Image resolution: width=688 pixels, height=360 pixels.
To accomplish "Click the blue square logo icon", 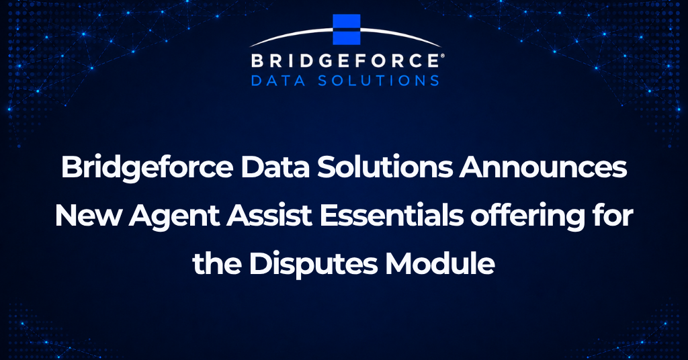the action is [x=346, y=30].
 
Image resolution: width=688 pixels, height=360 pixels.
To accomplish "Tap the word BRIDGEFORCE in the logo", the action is [x=345, y=60].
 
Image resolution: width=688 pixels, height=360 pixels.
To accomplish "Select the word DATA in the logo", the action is [x=278, y=81].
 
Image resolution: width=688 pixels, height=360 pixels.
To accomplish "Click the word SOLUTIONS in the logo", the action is [x=378, y=81].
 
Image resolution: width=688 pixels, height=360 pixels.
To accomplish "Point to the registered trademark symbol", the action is [x=442, y=56].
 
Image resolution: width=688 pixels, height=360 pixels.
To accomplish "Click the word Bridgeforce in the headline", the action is [x=147, y=167].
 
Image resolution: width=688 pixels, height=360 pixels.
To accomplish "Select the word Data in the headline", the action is [x=275, y=167].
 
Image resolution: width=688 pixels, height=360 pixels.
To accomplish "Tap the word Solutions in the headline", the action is [x=385, y=167].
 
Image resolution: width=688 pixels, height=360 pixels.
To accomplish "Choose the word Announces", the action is [x=543, y=168].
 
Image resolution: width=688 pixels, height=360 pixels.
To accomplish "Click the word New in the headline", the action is [x=87, y=216].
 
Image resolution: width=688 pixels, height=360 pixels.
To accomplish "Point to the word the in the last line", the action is [x=217, y=264].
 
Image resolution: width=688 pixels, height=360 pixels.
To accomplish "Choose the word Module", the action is [x=441, y=264].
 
